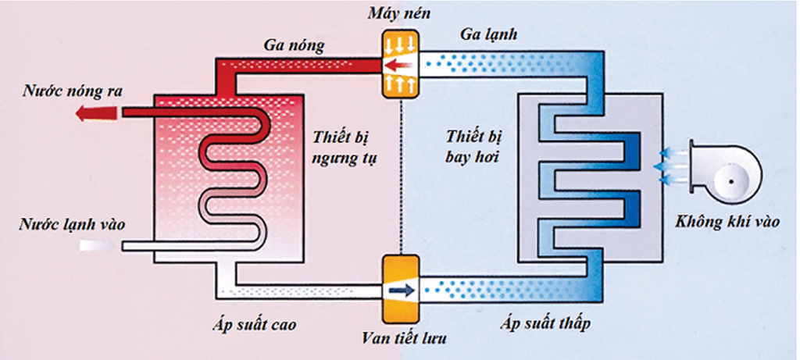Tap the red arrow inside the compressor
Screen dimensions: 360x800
click(x=399, y=65)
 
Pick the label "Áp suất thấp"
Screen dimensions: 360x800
click(x=547, y=321)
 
